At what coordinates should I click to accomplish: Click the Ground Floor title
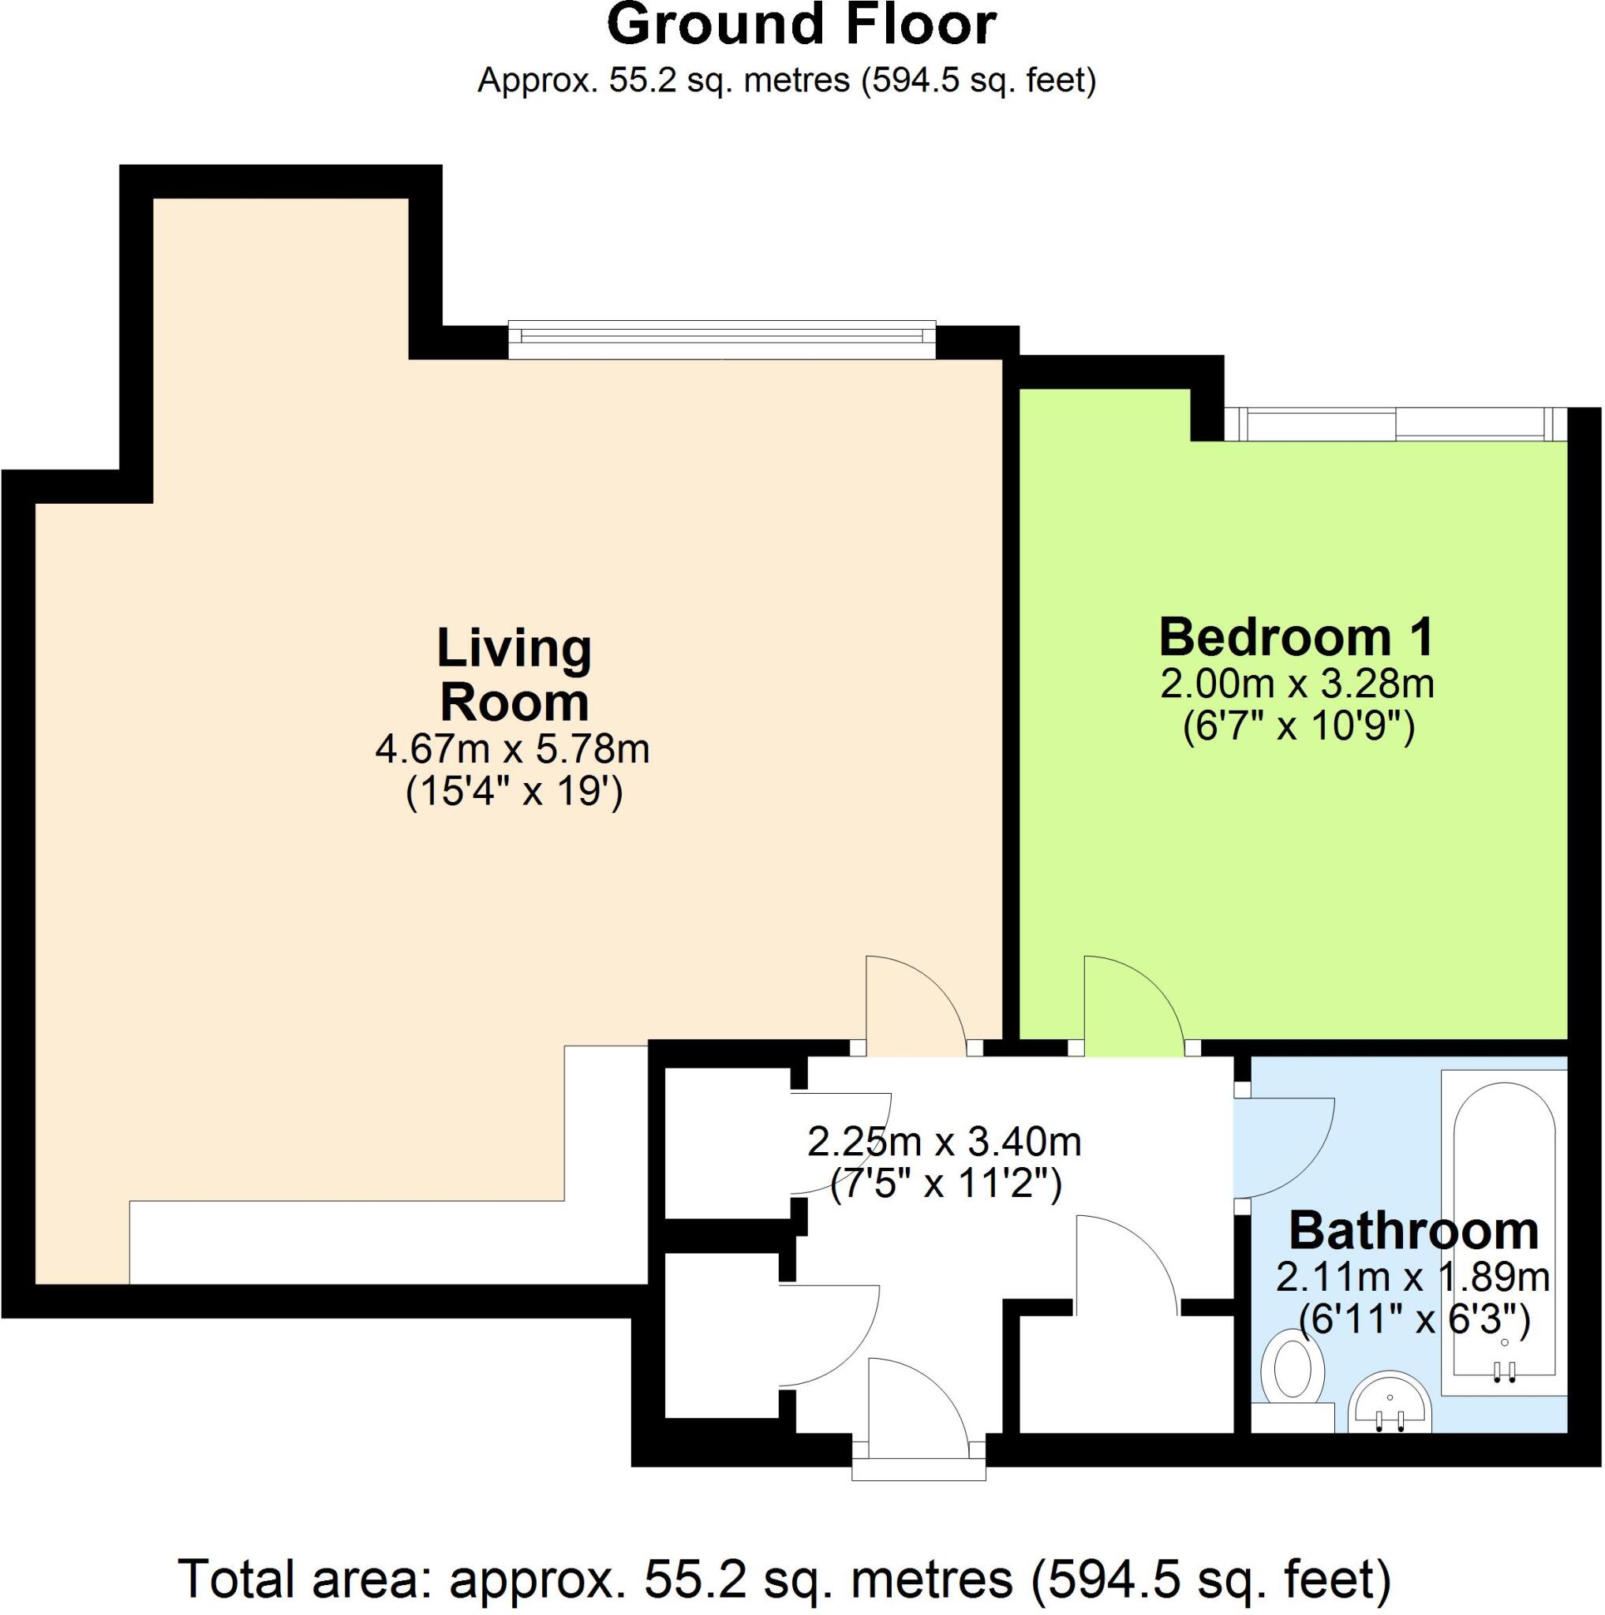(801, 25)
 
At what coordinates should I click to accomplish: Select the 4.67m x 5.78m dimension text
(512, 749)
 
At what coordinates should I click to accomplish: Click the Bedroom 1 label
(1296, 637)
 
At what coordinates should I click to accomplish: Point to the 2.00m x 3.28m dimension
(1296, 684)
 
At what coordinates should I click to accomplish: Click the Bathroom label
(1412, 1230)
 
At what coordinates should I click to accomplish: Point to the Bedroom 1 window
(1394, 423)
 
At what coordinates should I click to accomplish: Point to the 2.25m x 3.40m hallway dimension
(945, 1142)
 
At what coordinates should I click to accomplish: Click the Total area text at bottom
(784, 1579)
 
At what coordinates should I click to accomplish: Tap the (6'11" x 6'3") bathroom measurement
(1412, 1320)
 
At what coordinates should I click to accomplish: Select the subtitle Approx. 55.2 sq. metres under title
(786, 81)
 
